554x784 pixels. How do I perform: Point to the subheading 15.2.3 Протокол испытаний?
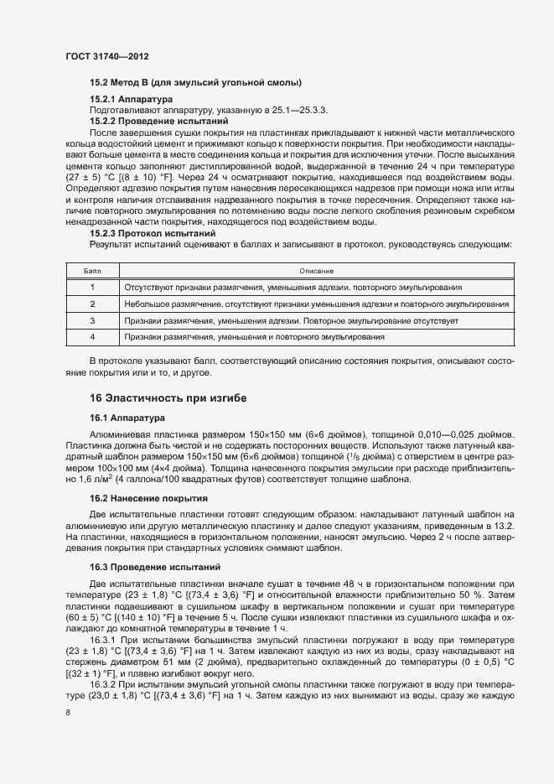(153, 232)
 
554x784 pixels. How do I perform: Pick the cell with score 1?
(92, 288)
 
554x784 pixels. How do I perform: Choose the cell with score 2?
(92, 304)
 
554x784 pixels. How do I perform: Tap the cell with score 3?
(92, 320)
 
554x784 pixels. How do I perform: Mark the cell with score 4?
(92, 336)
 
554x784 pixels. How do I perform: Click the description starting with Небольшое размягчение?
(316, 304)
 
